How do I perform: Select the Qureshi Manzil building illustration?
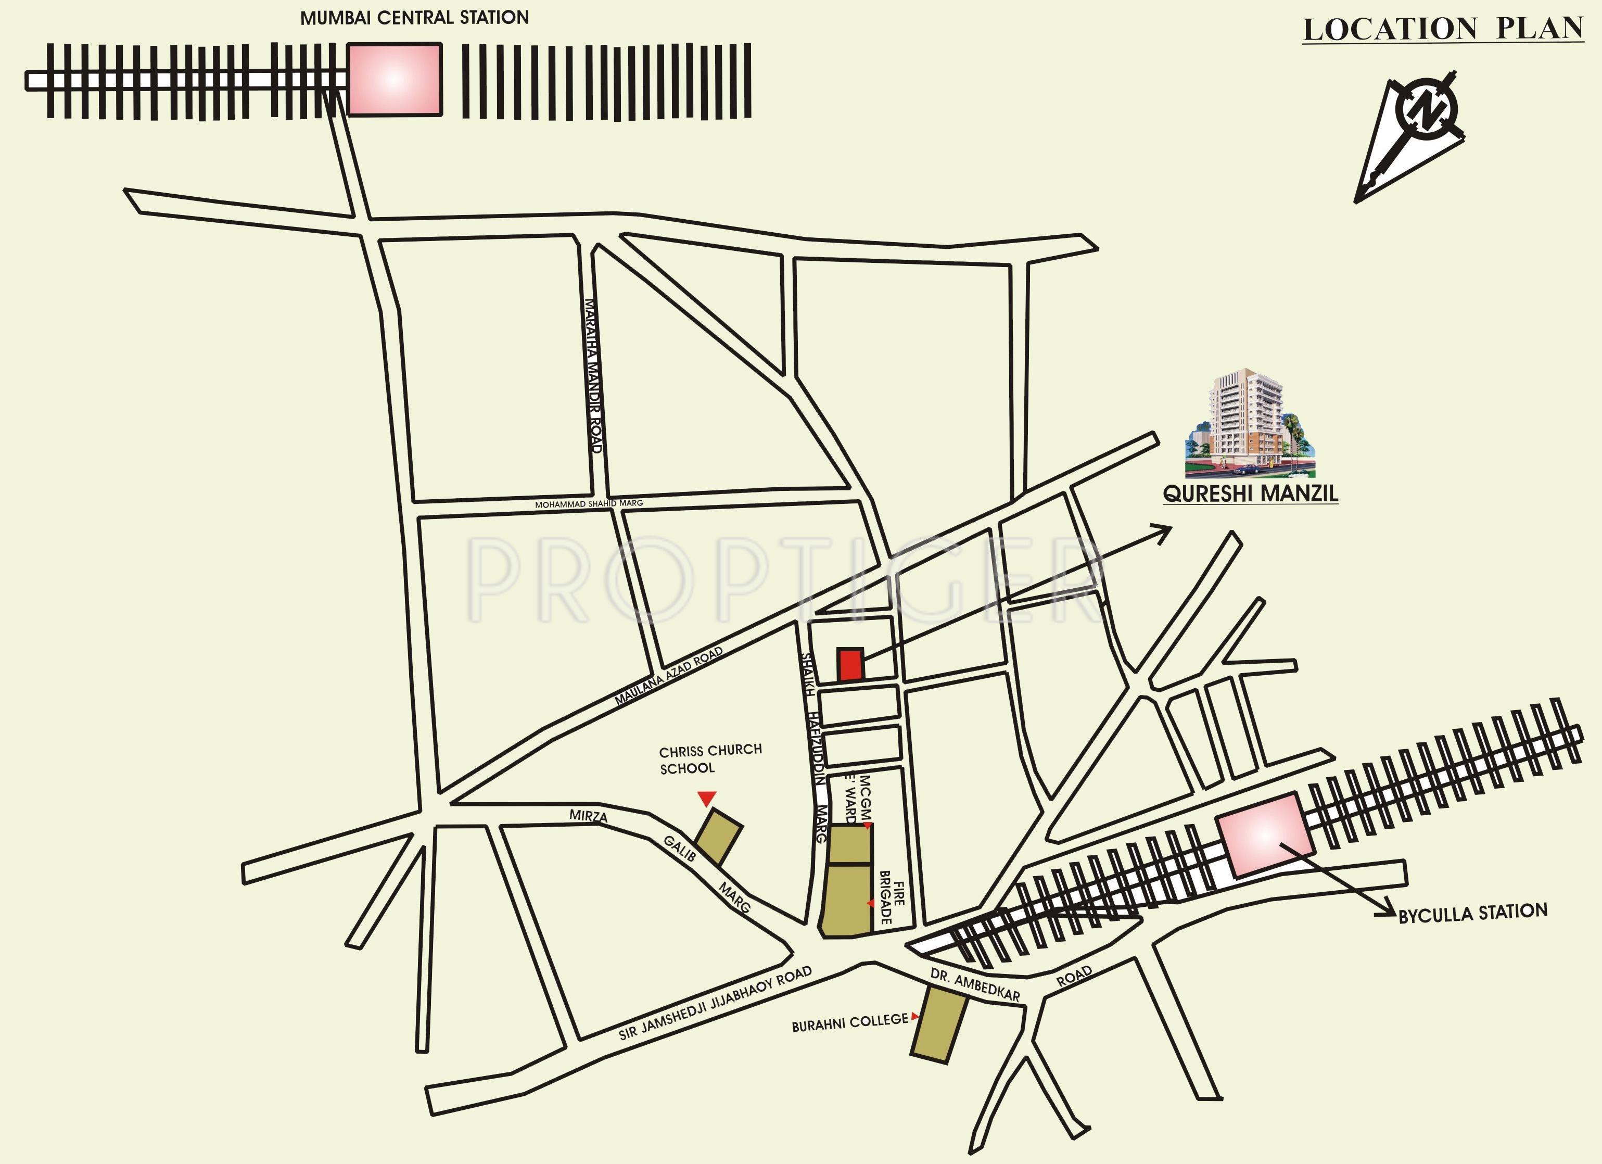click(1249, 424)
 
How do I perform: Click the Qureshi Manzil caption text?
click(1250, 493)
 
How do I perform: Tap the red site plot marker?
click(851, 665)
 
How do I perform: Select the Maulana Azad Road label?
click(668, 676)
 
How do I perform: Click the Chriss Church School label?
click(710, 758)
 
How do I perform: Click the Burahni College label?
click(849, 1022)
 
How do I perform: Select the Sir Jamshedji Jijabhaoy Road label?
click(715, 1004)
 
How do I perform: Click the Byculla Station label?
click(1473, 913)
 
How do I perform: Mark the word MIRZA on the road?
click(588, 816)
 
